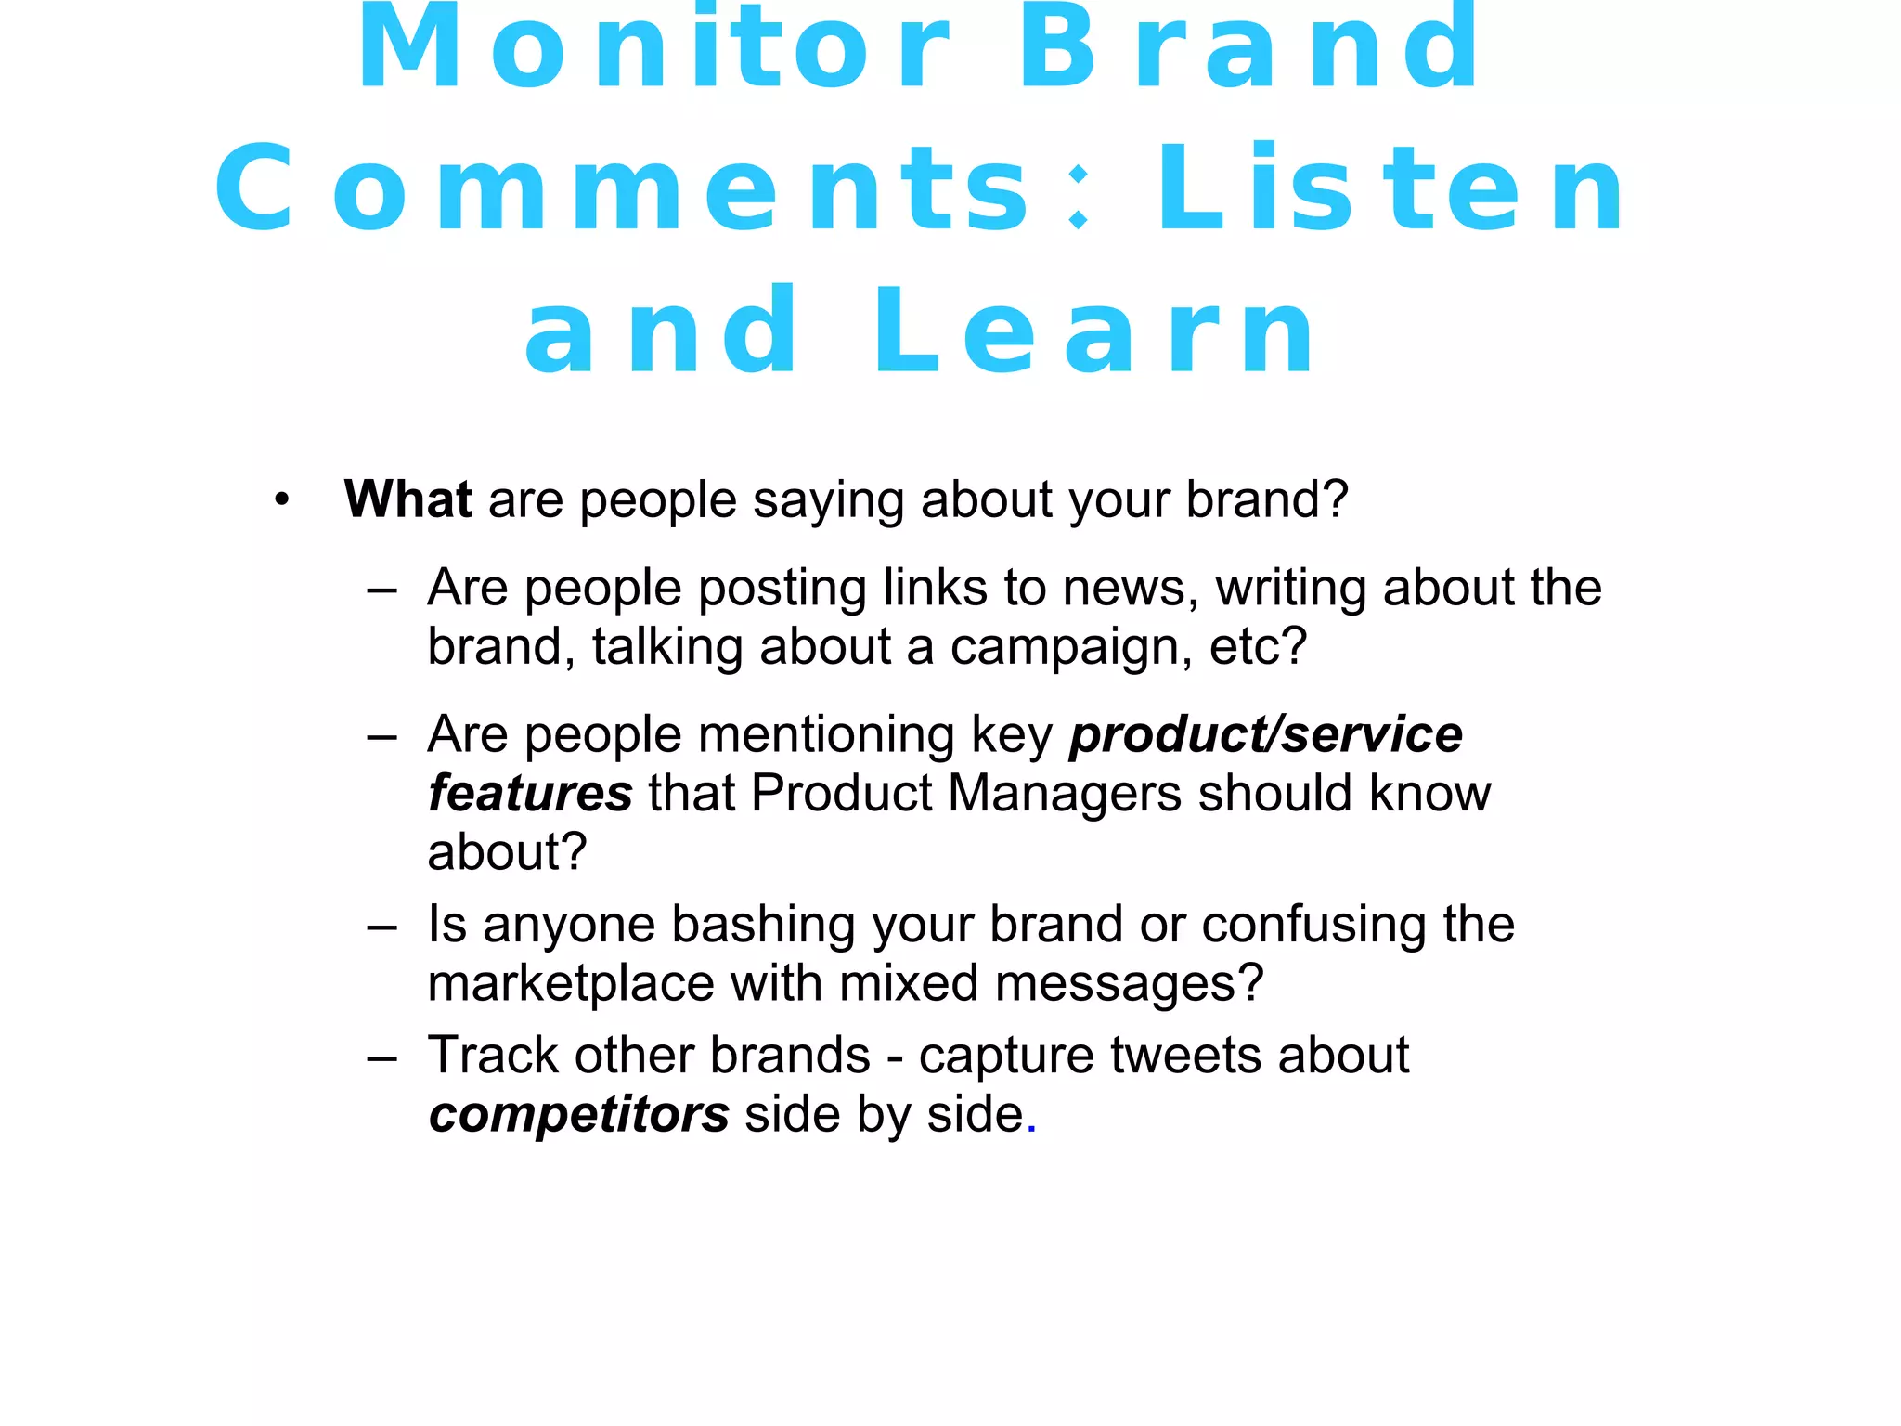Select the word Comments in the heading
622,189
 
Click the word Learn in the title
1095,332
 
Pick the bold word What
407,499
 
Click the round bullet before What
282,501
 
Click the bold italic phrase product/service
1266,734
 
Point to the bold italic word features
530,794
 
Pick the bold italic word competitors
579,1115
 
